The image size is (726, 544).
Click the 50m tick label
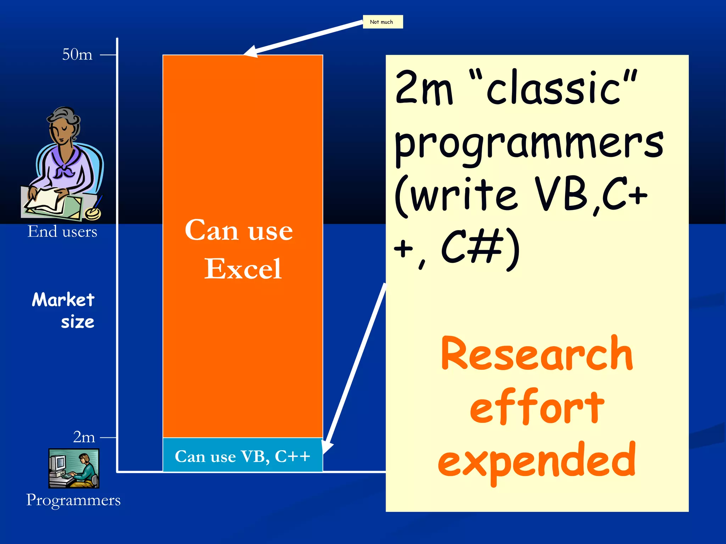[77, 55]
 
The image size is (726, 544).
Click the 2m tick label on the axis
[84, 437]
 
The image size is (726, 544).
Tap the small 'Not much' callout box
[382, 22]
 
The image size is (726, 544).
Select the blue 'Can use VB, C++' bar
[242, 456]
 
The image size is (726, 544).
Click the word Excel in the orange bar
[243, 269]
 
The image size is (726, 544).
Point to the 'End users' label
[62, 232]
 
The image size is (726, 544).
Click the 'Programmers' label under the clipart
[73, 500]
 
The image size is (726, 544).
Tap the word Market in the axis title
[63, 300]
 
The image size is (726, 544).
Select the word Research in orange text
[537, 354]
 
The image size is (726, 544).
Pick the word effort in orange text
[537, 407]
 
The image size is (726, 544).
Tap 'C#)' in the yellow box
[481, 248]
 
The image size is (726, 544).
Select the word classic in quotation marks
[553, 89]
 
